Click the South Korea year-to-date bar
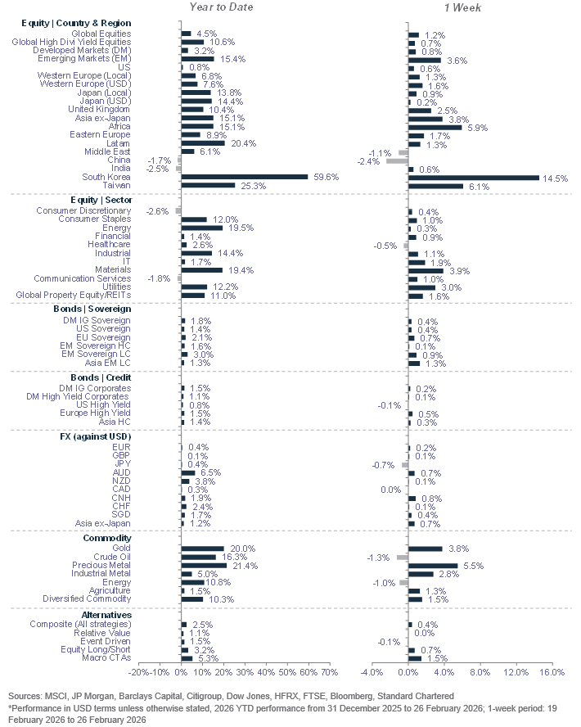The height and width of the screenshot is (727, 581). (244, 176)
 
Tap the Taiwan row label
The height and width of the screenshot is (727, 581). (115, 185)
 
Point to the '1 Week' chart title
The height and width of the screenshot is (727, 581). (462, 7)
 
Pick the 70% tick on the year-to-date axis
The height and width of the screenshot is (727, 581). (330, 672)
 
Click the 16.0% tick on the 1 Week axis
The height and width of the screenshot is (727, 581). (552, 672)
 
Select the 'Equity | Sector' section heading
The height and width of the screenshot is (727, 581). (105, 200)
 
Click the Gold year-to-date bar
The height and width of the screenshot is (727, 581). (201, 549)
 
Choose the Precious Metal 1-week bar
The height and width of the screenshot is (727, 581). (432, 566)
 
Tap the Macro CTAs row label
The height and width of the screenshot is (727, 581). (106, 658)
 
